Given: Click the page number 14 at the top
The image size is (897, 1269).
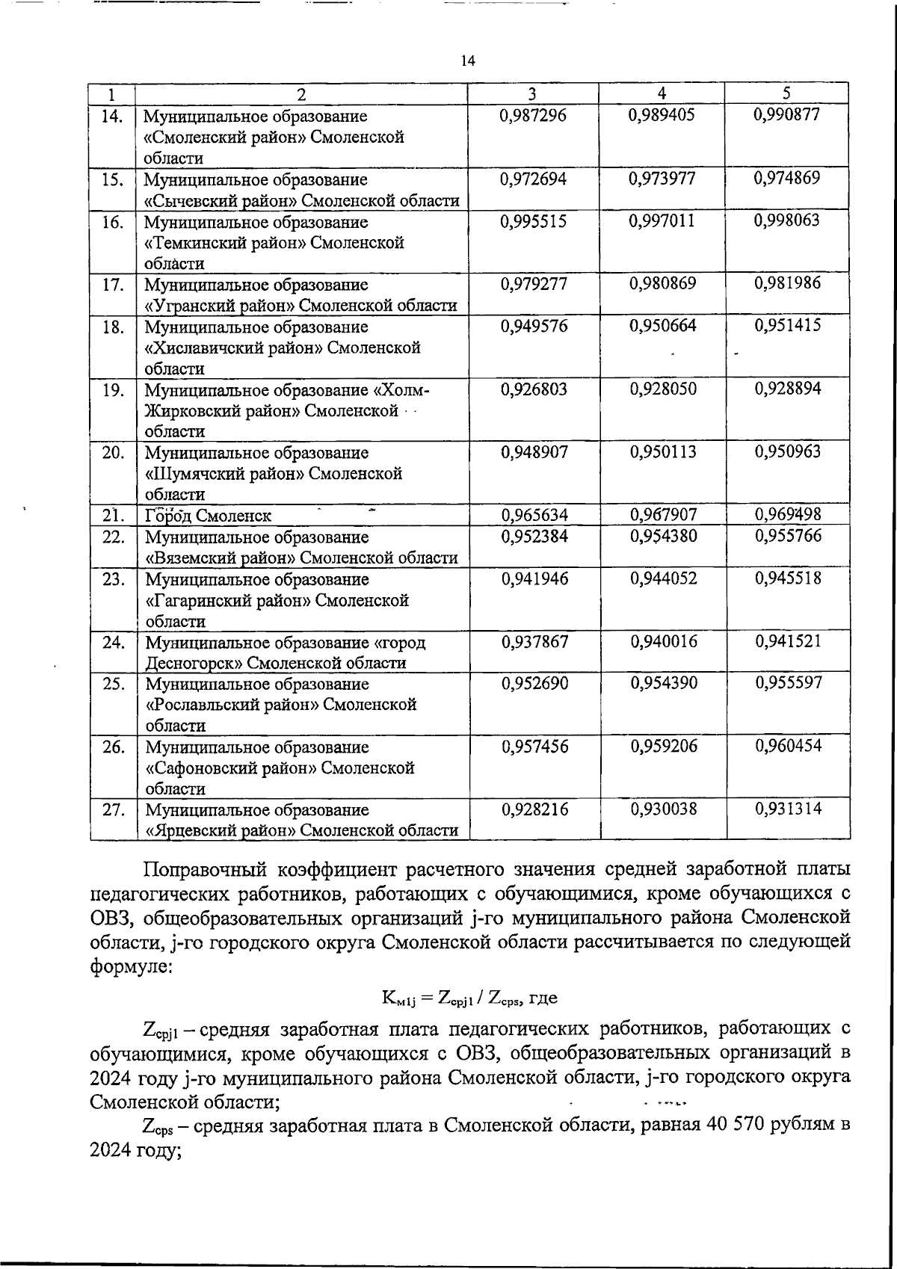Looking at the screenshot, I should coord(469,61).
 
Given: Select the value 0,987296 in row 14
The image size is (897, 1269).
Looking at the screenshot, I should coord(533,115).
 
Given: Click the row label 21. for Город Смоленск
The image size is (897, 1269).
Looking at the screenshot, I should coord(113,515).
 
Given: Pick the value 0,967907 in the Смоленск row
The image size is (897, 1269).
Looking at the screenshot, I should coord(664,515).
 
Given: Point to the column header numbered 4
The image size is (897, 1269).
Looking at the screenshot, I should coord(662,93).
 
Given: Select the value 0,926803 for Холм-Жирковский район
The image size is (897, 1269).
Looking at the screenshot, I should coord(534,389).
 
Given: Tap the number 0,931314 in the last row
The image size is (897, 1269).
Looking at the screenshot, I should coord(788,808).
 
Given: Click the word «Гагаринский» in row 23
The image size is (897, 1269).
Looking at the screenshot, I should coord(192,600).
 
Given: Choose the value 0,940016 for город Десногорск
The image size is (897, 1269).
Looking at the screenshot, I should coord(664,641).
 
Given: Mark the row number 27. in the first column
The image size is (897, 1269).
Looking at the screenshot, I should coord(113,809).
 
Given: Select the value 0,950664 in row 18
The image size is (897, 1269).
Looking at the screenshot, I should coord(663,326).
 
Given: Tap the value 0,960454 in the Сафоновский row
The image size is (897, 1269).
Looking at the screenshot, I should coord(788,745).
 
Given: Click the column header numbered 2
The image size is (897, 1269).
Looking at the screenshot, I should coord(300,94).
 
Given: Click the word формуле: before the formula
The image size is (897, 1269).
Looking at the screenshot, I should coord(132,969).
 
